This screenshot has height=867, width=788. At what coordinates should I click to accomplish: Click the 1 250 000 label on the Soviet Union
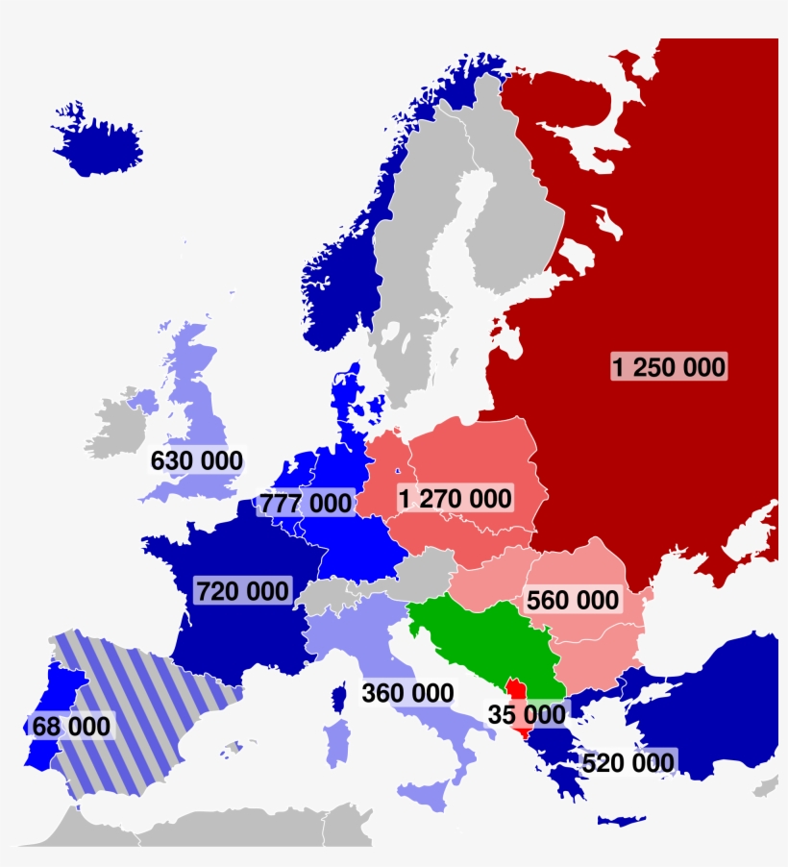pos(669,366)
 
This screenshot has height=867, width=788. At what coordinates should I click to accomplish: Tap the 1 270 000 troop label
pos(455,498)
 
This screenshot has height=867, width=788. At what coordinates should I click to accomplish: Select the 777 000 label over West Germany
pos(305,503)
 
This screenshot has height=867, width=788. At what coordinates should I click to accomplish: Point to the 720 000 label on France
pos(242,590)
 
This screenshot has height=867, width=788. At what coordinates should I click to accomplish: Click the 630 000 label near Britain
pos(196,460)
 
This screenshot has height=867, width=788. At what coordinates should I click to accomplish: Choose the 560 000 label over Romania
pos(573,600)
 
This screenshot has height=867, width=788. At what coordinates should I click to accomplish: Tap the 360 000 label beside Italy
pos(407,692)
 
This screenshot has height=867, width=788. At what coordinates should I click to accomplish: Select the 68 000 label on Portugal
pos(71,726)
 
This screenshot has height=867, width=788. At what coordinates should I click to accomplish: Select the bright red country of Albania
pos(517,694)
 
